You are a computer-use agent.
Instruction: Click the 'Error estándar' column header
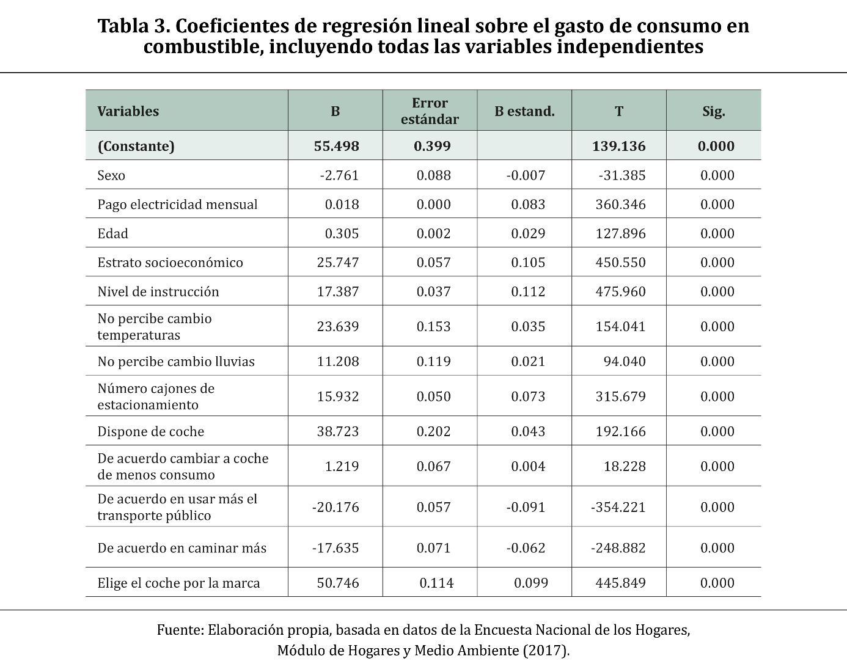(430, 111)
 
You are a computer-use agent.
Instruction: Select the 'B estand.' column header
(524, 111)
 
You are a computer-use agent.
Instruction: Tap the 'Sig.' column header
(714, 111)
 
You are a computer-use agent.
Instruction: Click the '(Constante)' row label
(136, 146)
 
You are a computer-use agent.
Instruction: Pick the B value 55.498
(337, 146)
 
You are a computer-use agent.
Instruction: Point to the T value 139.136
(618, 146)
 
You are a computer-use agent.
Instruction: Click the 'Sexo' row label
(111, 175)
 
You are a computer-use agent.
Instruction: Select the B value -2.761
(339, 175)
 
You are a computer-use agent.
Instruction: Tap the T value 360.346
(620, 205)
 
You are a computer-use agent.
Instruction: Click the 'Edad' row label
(113, 233)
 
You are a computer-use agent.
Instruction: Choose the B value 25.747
(338, 263)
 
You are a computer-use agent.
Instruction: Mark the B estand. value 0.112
(528, 291)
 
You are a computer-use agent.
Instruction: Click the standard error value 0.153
(434, 326)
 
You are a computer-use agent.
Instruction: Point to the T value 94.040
(625, 361)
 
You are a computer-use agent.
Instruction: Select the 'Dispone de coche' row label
(151, 431)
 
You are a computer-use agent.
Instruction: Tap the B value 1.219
(342, 466)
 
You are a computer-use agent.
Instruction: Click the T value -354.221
(618, 507)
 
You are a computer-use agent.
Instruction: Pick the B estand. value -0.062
(526, 548)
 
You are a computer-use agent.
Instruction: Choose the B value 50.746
(338, 583)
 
